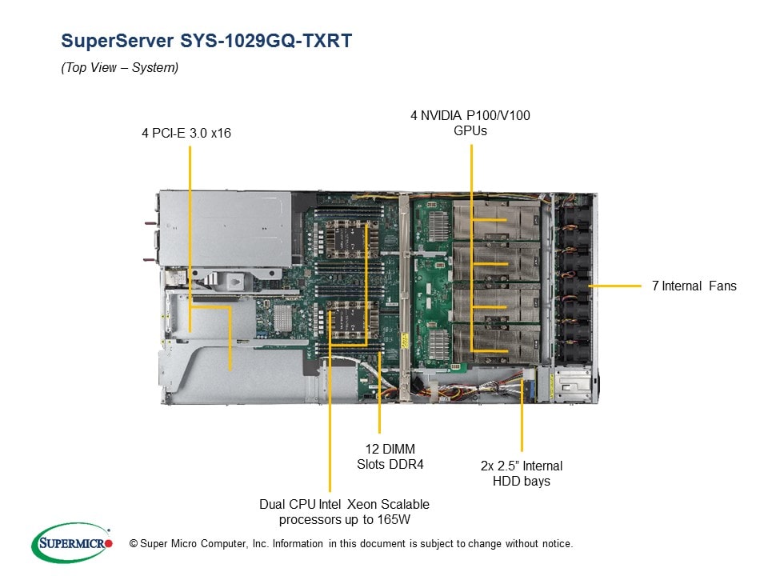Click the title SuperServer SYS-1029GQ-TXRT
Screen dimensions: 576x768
(206, 42)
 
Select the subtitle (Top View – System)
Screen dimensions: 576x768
(120, 68)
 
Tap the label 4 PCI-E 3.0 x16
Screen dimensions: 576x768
(186, 133)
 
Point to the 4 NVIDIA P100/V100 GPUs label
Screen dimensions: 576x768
(470, 122)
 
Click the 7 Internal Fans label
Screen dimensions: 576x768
(694, 286)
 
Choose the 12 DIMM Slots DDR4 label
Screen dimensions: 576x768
(386, 456)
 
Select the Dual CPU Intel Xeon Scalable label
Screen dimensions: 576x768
(344, 512)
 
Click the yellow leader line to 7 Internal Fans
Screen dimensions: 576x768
(616, 286)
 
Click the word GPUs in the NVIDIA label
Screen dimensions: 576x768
(470, 130)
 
